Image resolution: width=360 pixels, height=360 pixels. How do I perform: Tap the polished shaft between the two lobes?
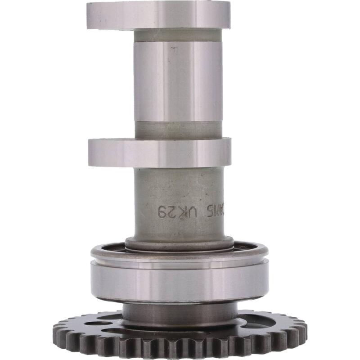coord(178,81)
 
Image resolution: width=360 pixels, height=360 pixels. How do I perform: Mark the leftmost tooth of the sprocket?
coord(57,327)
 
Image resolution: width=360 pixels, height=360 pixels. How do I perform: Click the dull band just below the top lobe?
coord(178,35)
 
